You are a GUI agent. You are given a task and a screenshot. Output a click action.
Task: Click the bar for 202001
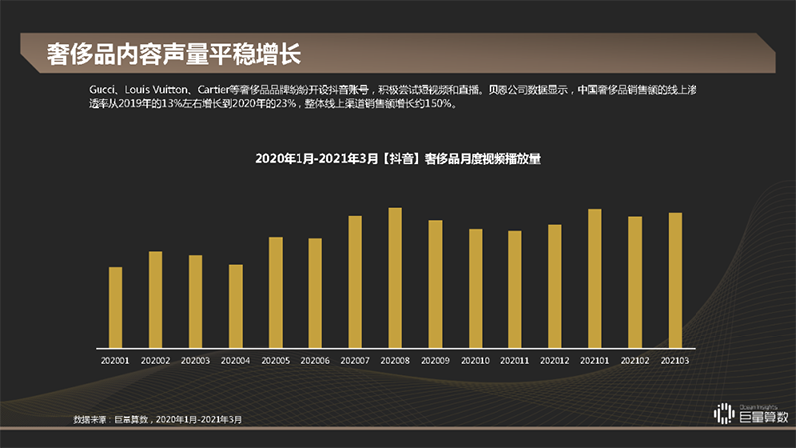(115, 307)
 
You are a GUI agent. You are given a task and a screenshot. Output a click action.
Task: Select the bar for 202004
(235, 306)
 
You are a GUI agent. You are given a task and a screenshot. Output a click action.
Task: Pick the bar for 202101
(594, 278)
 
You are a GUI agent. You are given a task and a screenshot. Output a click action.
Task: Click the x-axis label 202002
(155, 360)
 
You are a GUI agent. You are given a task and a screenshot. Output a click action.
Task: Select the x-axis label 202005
(276, 360)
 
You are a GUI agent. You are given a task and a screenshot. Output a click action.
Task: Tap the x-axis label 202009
(435, 360)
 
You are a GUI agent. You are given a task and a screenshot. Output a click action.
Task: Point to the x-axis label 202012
(554, 360)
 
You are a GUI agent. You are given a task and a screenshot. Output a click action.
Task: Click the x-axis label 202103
(675, 360)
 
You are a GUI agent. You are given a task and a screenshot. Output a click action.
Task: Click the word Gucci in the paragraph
(102, 89)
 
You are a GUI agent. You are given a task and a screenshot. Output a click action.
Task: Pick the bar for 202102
(634, 282)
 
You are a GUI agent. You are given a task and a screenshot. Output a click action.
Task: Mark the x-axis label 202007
(355, 360)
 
